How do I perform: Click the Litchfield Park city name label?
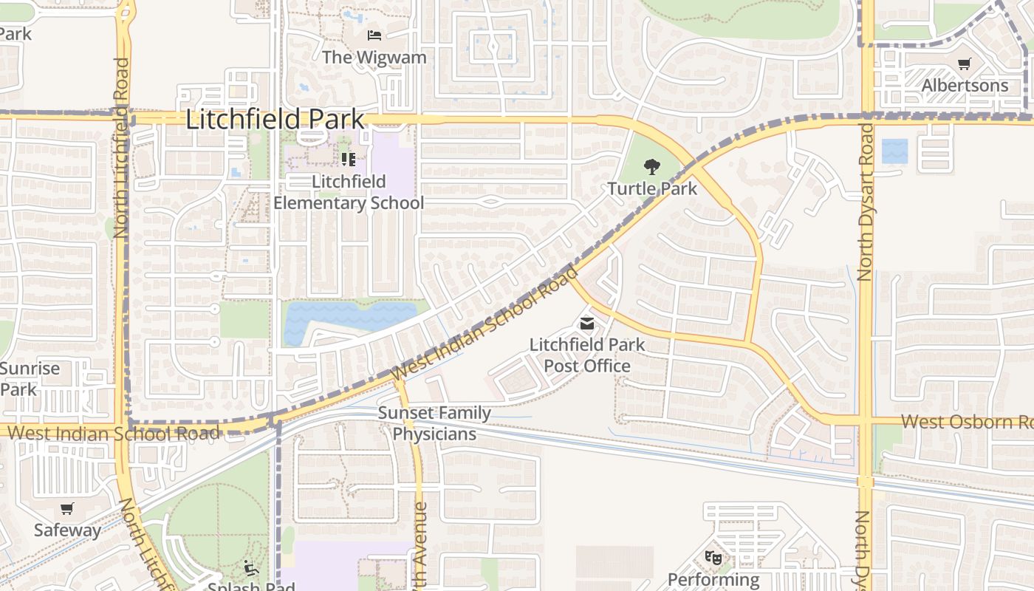pyautogui.click(x=275, y=120)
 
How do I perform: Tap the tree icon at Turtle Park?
pyautogui.click(x=651, y=167)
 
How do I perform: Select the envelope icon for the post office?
pyautogui.click(x=587, y=323)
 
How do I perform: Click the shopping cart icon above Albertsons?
pyautogui.click(x=964, y=64)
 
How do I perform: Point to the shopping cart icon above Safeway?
pyautogui.click(x=67, y=508)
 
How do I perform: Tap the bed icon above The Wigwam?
pyautogui.click(x=374, y=35)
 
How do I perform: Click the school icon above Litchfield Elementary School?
pyautogui.click(x=349, y=159)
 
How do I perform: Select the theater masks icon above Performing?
pyautogui.click(x=713, y=557)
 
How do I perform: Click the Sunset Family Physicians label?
pyautogui.click(x=434, y=423)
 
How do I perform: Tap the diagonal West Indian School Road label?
pyautogui.click(x=487, y=324)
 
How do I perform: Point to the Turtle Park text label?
pyautogui.click(x=652, y=189)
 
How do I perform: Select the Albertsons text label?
pyautogui.click(x=965, y=86)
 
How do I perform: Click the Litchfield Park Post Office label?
pyautogui.click(x=587, y=355)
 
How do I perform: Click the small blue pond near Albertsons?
pyautogui.click(x=895, y=151)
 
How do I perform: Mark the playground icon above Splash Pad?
pyautogui.click(x=251, y=567)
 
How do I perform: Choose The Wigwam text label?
pyautogui.click(x=374, y=57)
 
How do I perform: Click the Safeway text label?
pyautogui.click(x=67, y=530)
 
